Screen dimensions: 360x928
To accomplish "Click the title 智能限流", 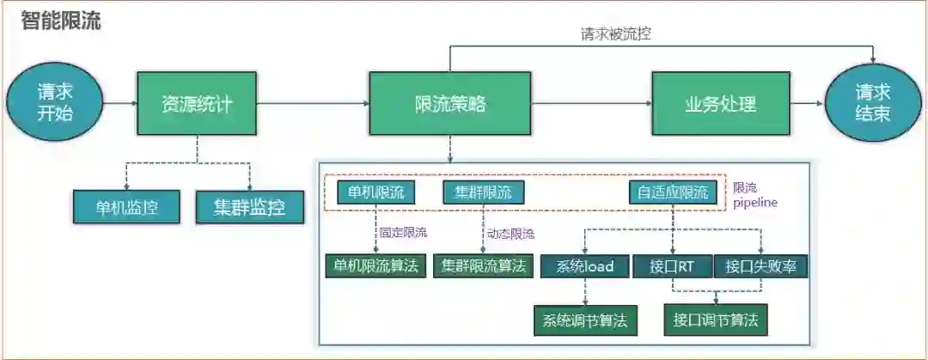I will click(x=60, y=21).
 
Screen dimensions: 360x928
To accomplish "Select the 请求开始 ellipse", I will click(x=54, y=103).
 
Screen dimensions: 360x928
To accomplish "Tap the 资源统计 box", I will click(x=197, y=104).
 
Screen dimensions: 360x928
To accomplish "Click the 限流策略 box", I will click(x=450, y=104).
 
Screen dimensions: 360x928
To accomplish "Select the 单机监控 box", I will click(x=126, y=206).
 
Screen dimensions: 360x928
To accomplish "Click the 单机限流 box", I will click(x=376, y=192).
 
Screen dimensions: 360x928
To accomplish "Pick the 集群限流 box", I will click(x=483, y=192).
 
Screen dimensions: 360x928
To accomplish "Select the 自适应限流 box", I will click(x=673, y=192).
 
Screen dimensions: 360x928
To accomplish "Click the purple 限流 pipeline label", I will click(x=754, y=194).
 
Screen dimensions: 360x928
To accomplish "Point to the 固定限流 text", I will click(x=403, y=232).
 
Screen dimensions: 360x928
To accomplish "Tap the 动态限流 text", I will click(x=510, y=233).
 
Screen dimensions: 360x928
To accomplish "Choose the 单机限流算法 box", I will click(x=375, y=265).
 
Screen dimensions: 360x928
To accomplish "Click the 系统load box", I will click(x=584, y=266).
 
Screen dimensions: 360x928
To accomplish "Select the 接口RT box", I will click(x=673, y=266).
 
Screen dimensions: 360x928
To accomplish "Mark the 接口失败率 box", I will click(x=760, y=266).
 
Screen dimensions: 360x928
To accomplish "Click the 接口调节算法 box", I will click(x=715, y=320).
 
